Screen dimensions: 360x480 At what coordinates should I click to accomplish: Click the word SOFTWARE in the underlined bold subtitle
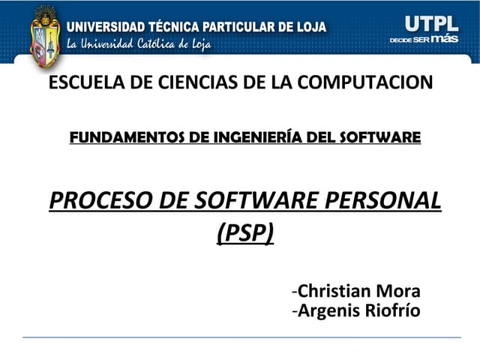click(380, 137)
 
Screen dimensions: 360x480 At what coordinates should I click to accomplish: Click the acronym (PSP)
click(245, 234)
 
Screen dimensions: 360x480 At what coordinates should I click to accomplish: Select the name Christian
click(334, 292)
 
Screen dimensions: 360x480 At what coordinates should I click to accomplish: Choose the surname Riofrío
click(390, 310)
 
